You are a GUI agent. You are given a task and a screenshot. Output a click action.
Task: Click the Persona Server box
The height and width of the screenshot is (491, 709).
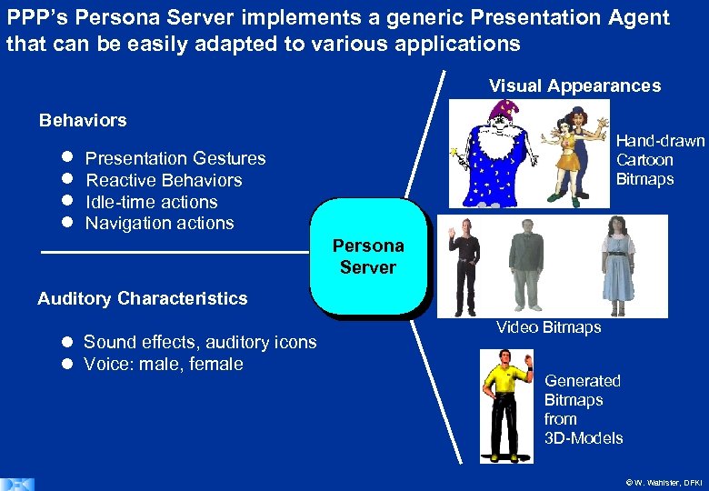pos(368,256)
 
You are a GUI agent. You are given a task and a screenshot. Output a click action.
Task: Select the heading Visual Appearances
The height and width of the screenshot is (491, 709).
pos(574,86)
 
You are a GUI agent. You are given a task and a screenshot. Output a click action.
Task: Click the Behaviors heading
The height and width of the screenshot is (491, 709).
pos(83,120)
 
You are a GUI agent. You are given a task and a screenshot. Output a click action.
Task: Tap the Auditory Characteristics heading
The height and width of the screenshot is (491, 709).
pos(142,298)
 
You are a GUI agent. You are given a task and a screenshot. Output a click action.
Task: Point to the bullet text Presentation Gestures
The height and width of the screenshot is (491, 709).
pos(175,158)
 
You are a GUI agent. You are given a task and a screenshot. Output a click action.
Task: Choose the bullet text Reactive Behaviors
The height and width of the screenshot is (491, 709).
pos(164,180)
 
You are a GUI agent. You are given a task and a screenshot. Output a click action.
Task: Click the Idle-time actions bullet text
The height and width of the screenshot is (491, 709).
pos(152,202)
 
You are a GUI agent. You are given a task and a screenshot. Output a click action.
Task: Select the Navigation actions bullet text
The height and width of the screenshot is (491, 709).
pos(160,223)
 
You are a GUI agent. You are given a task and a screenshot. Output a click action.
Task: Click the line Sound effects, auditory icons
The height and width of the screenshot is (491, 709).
pos(200,342)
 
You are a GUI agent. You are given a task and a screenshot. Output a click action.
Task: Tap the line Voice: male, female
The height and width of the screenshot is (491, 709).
pos(164,364)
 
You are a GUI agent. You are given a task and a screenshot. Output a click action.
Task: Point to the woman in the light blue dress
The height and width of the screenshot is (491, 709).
pos(619,264)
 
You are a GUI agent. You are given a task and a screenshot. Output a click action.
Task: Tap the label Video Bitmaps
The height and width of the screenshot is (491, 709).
pos(548,327)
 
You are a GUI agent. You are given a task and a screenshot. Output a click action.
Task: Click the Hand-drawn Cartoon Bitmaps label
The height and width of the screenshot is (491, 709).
pos(659,160)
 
